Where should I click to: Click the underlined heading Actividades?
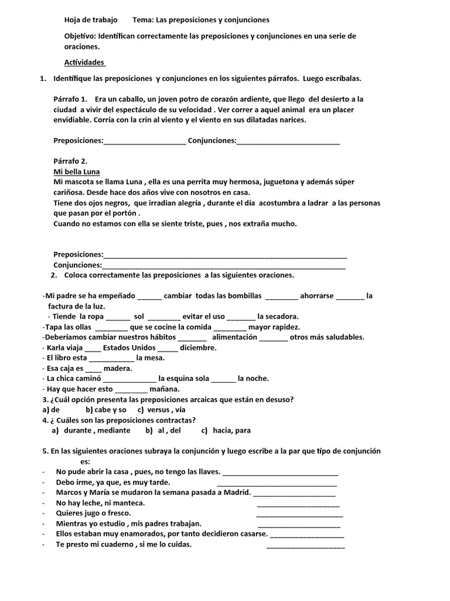tap(84, 62)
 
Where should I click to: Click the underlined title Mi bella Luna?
tap(76, 172)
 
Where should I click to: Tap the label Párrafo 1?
tap(70, 99)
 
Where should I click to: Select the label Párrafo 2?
tap(70, 161)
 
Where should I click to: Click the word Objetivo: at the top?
tap(80, 36)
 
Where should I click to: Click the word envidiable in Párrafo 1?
tap(72, 120)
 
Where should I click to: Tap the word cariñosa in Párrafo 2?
tap(69, 193)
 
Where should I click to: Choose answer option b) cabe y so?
tap(106, 410)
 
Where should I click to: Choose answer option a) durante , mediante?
tap(91, 430)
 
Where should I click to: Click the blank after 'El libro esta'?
tap(111, 358)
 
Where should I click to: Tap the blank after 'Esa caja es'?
tap(93, 369)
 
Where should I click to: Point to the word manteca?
tap(125, 503)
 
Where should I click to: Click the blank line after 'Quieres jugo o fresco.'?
tap(299, 514)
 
